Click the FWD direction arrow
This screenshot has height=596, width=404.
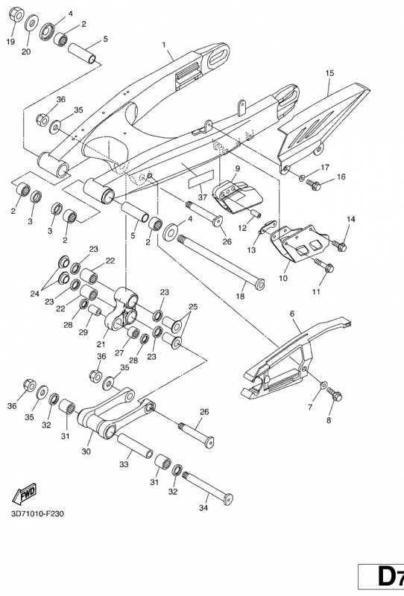point(25,493)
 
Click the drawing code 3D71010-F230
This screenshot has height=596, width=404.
point(38,514)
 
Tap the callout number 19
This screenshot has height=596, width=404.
point(10,42)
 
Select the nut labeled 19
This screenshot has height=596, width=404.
point(16,14)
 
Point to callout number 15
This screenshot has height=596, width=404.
point(329,72)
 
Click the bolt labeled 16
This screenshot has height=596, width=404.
point(314,185)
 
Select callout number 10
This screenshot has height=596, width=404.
point(283,278)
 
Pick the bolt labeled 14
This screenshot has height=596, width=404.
point(339,246)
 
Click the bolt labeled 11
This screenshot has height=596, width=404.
point(323,265)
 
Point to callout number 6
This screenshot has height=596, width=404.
point(292,314)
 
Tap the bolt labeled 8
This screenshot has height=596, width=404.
point(335,394)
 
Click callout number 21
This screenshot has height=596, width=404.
point(101,344)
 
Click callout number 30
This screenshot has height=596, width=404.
point(86,452)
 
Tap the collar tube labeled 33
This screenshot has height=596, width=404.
point(135,446)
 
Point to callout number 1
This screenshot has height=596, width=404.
point(164,45)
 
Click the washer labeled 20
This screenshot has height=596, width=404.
point(31,23)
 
